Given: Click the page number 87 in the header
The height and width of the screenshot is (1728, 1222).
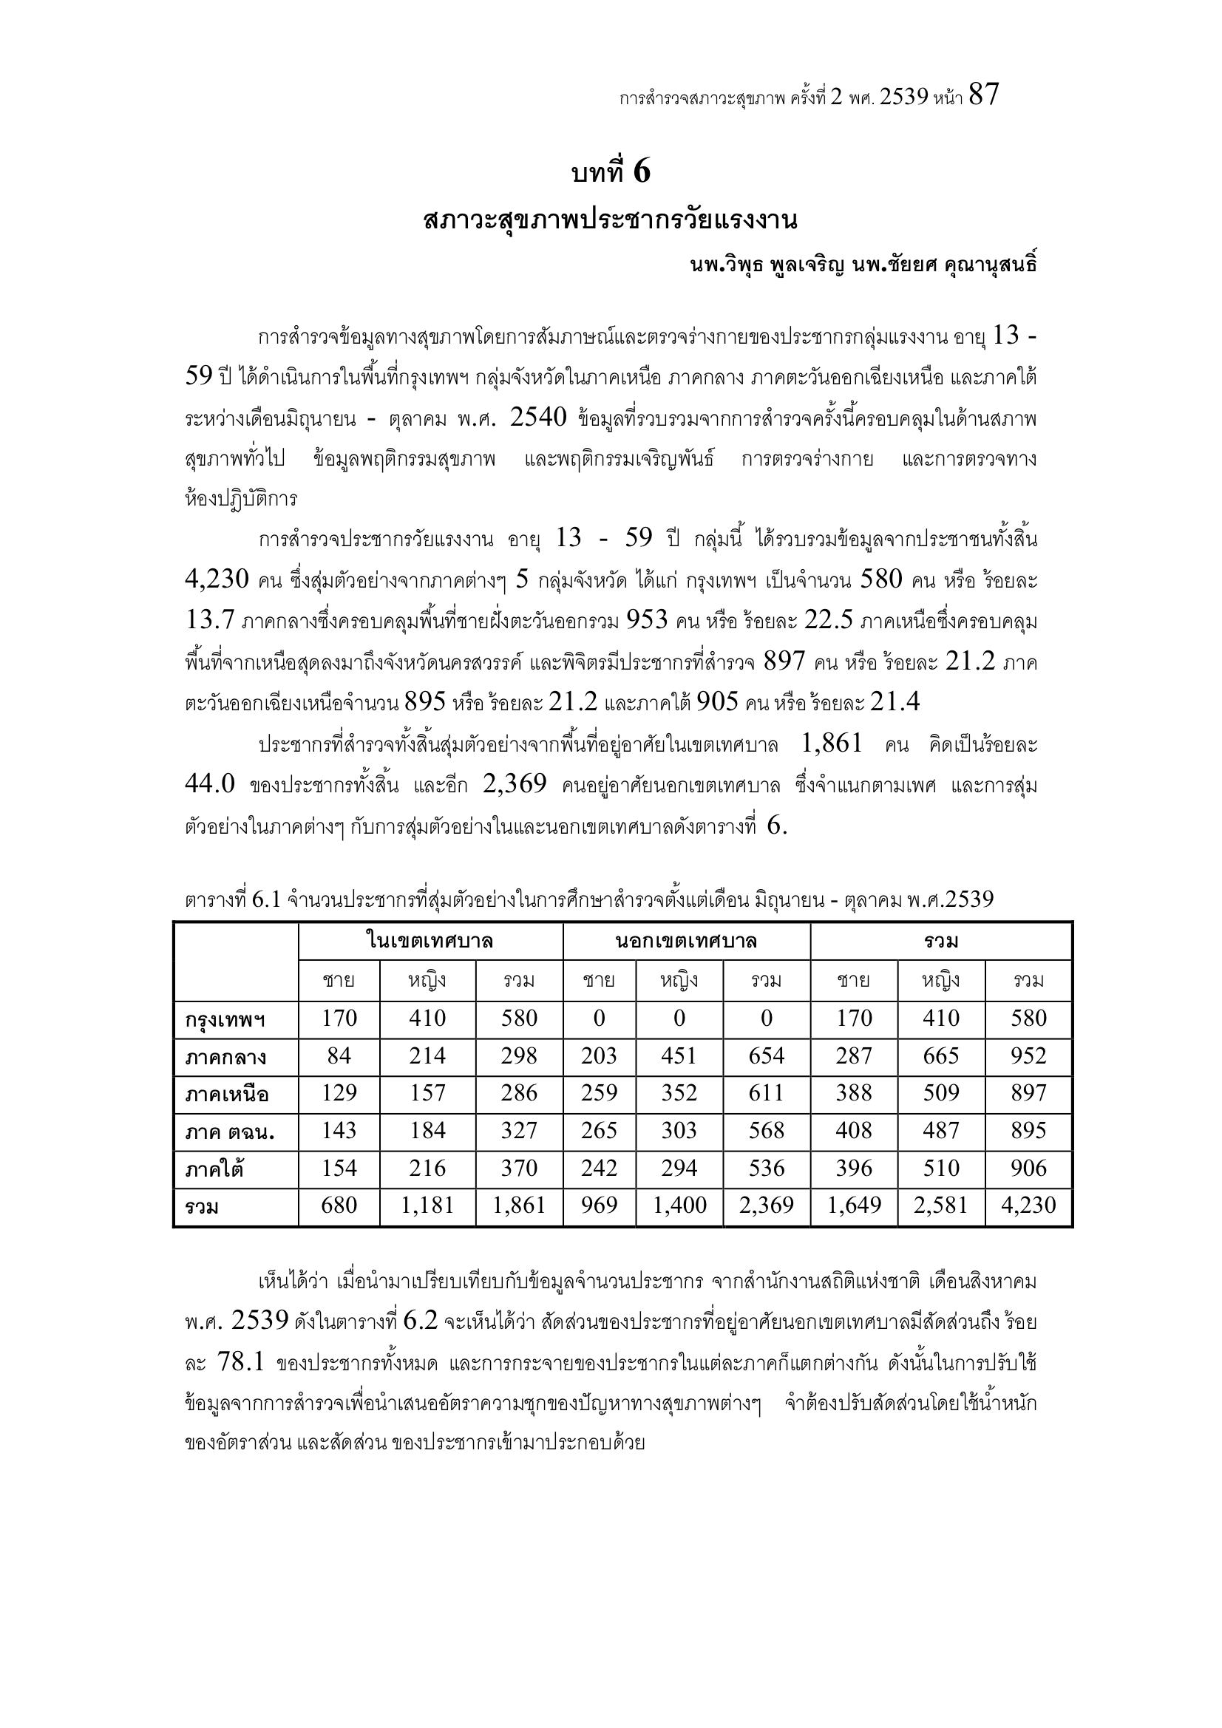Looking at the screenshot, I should (983, 95).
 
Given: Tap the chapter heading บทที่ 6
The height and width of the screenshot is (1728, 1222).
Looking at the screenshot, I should (611, 173).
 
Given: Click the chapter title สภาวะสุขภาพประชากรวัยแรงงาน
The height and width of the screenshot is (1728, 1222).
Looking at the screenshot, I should (611, 221).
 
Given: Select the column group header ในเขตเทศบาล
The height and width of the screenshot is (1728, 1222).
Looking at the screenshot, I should (430, 941).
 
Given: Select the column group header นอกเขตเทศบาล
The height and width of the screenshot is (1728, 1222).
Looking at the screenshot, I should (686, 941).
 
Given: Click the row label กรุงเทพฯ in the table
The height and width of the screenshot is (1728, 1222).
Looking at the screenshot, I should (225, 1021).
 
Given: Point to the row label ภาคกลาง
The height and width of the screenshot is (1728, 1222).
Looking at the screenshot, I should (226, 1058).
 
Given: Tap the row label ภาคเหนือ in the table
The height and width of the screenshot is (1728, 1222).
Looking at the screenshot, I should (227, 1095).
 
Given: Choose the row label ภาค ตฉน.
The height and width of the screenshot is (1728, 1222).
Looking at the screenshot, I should (230, 1133).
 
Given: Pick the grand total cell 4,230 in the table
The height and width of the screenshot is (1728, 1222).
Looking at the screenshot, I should (1028, 1205).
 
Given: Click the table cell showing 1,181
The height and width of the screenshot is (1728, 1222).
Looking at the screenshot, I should (427, 1205).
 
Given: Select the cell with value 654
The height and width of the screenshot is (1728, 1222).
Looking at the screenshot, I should (767, 1056).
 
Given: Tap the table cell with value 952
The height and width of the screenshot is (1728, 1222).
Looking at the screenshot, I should (1028, 1056).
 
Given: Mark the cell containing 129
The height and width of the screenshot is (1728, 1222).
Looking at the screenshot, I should (339, 1094).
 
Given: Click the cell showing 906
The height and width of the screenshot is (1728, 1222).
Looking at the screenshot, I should (1028, 1168).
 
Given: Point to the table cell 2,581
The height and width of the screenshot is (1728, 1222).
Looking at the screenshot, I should (941, 1205).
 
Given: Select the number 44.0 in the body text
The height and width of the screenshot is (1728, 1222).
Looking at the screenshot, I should (210, 784).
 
